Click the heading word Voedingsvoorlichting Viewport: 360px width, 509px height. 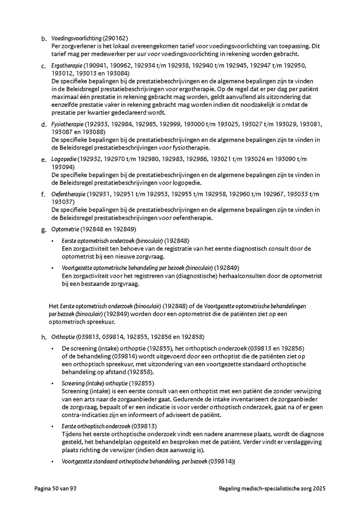click(x=76, y=38)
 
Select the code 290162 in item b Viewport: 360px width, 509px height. click(x=115, y=38)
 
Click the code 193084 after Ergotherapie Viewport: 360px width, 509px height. click(x=116, y=73)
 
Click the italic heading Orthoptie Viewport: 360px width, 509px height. click(x=63, y=337)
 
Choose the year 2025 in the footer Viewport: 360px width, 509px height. click(x=319, y=488)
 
